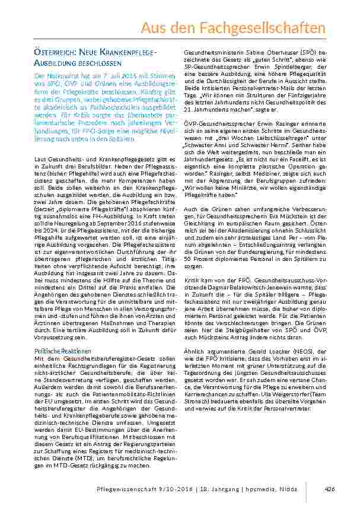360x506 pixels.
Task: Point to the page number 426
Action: point(330,488)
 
